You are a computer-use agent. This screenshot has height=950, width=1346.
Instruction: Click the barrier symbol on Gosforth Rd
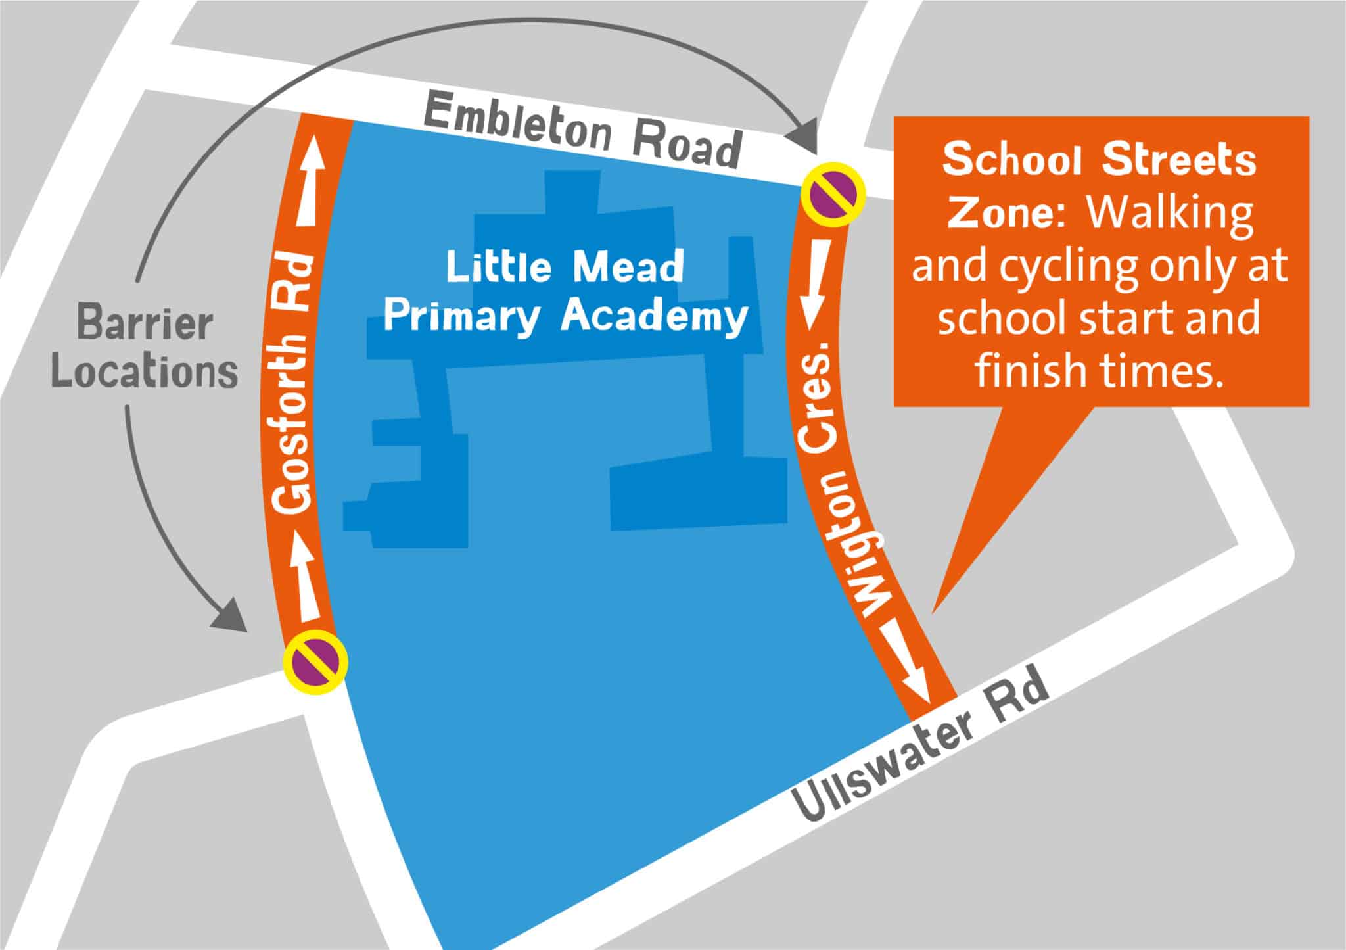315,662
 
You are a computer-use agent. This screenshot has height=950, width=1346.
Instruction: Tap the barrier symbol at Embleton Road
833,194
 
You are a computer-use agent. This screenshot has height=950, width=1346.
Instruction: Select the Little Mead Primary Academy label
565,292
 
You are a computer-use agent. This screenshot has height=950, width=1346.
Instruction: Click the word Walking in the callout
1170,214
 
